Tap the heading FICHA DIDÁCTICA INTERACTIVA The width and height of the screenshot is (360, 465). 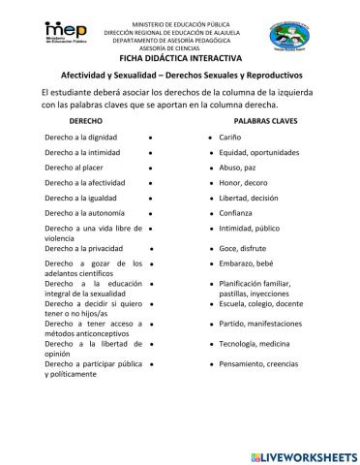tap(179, 58)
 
